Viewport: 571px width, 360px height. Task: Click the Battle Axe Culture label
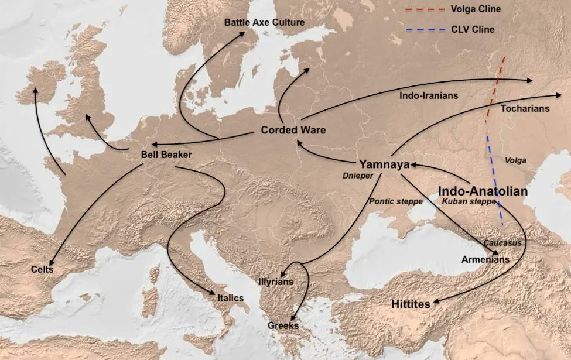click(264, 22)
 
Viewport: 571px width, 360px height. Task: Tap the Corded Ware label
click(293, 130)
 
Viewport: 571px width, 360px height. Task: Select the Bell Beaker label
click(167, 155)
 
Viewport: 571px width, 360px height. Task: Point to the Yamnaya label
click(383, 164)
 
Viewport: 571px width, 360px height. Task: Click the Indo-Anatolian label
click(483, 191)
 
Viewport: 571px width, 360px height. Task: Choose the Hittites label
click(411, 304)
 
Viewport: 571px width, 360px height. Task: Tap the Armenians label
click(485, 259)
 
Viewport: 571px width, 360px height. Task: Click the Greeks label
click(283, 325)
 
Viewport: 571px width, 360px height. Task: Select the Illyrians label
click(275, 282)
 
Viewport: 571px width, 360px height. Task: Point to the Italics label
click(230, 298)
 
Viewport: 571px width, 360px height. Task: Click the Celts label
click(42, 269)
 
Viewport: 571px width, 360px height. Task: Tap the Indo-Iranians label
click(429, 95)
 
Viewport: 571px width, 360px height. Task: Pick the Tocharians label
click(525, 109)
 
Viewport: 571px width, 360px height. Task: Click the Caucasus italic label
click(502, 242)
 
